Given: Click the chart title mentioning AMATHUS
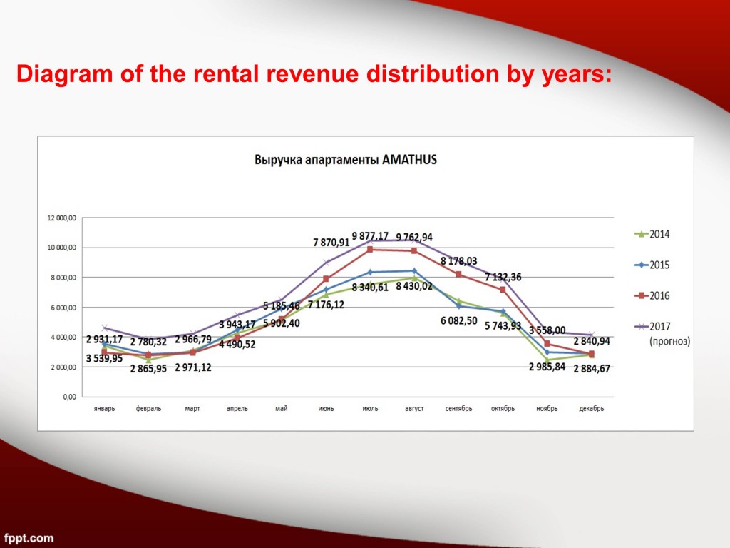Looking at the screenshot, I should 346,160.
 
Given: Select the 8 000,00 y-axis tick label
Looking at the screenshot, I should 63,278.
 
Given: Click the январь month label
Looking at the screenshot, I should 104,409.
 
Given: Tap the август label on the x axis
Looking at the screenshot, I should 414,409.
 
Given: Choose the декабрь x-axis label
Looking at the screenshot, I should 592,409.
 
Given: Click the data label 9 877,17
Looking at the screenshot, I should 370,236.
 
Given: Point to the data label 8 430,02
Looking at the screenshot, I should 414,287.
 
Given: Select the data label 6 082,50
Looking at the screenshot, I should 459,321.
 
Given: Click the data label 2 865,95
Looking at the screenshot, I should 148,369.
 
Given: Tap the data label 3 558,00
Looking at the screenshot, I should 547,330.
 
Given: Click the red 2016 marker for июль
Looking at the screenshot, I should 370,250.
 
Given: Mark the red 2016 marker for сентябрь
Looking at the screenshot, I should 459,275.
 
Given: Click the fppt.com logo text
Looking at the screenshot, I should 29,537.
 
